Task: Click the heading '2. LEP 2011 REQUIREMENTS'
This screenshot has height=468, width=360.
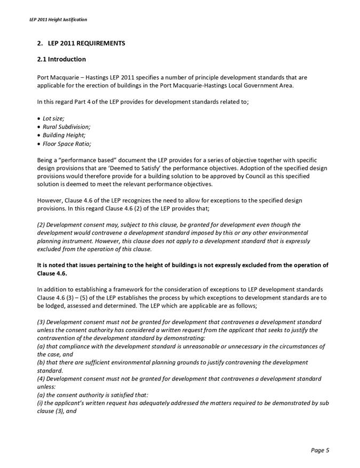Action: point(81,43)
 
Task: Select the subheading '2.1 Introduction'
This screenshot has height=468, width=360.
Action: point(61,59)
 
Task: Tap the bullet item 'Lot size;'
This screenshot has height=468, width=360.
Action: point(53,119)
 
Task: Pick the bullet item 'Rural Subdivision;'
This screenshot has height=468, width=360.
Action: point(67,127)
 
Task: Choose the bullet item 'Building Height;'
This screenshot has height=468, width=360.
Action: point(64,135)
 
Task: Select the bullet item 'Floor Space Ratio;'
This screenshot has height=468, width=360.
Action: point(67,144)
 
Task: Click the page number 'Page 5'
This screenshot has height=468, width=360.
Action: point(320,450)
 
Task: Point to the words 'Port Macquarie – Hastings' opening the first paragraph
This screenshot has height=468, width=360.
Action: point(74,77)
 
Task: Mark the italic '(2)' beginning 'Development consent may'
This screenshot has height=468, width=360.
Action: point(41,225)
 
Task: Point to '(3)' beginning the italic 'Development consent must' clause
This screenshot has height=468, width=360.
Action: point(41,322)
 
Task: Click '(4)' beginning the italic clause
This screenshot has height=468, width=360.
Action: point(41,378)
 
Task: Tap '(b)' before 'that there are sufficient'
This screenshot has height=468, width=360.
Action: point(41,362)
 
